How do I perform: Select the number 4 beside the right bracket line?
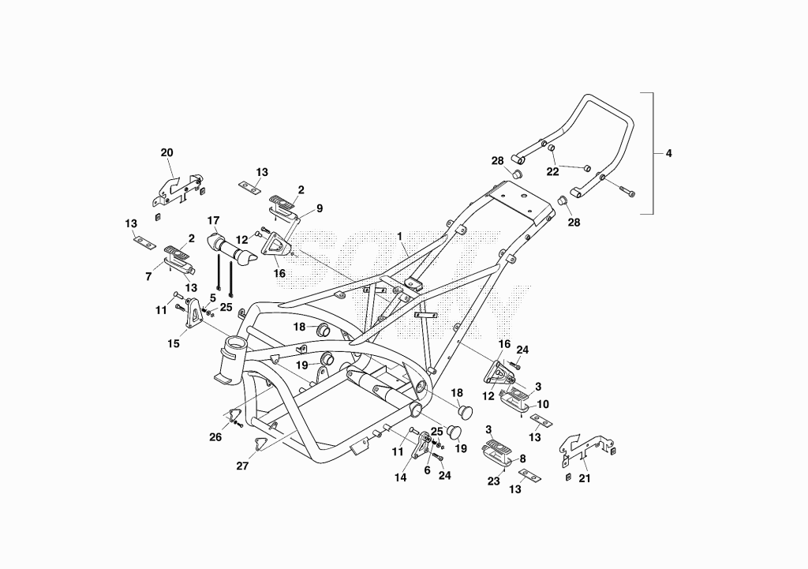tap(669, 153)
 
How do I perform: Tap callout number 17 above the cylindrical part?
tap(213, 221)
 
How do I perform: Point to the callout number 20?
tap(167, 152)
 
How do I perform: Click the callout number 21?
tap(585, 478)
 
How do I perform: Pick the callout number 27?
tap(242, 466)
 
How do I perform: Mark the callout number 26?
tap(215, 437)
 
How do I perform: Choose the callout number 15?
tap(174, 343)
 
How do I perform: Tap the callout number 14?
tap(400, 477)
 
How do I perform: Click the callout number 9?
tap(320, 208)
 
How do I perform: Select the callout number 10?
tap(543, 405)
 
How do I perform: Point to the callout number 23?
tap(494, 481)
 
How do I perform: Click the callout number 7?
tap(148, 277)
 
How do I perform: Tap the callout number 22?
tap(552, 171)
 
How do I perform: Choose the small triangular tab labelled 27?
tap(260, 444)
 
